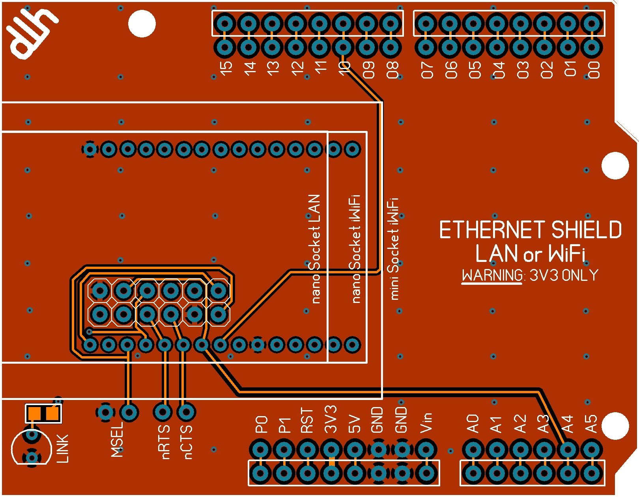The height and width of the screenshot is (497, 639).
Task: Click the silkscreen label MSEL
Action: (x=118, y=439)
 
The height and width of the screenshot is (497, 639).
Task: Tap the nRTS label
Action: (x=165, y=441)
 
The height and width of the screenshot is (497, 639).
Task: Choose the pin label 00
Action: (x=594, y=69)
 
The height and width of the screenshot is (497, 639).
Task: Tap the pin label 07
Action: (x=427, y=69)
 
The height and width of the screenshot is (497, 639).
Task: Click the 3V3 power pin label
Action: (x=331, y=419)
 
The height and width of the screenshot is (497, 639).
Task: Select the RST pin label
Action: (x=307, y=420)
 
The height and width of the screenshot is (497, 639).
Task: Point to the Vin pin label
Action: (x=426, y=422)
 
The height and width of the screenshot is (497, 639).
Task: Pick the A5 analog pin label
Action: (x=591, y=424)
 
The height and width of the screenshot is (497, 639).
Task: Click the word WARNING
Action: (x=492, y=275)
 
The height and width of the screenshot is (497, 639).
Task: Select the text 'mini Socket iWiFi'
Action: (x=394, y=249)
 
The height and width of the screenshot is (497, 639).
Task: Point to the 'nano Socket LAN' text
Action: (x=314, y=249)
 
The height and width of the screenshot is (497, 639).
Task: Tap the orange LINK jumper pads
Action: (x=43, y=413)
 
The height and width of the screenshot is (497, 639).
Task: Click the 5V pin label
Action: (x=355, y=424)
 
